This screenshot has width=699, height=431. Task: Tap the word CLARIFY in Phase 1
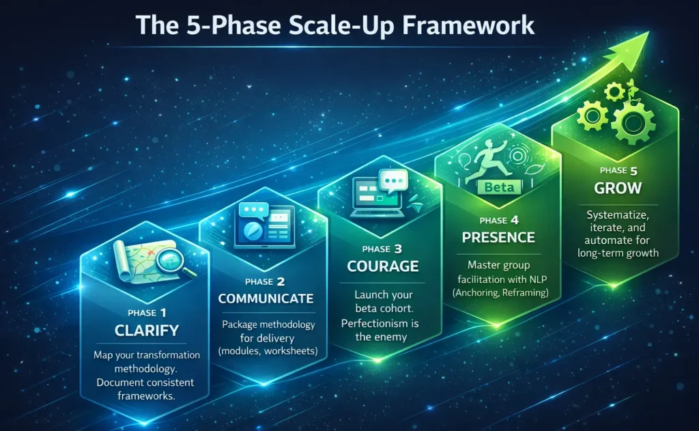tap(147, 331)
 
